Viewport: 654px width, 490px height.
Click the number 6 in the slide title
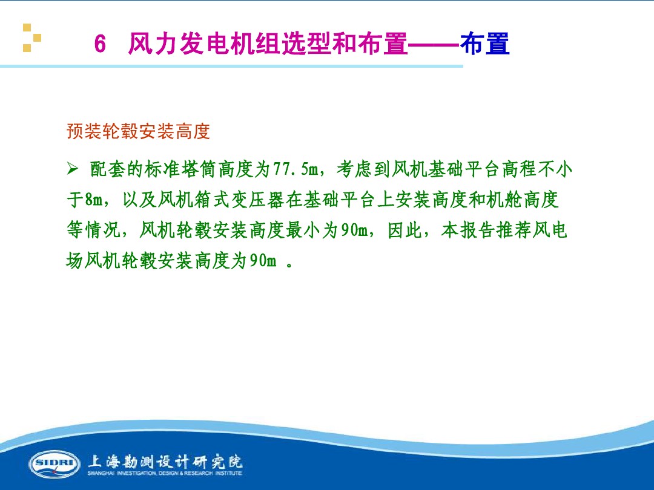click(101, 45)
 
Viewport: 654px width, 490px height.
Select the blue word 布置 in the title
click(484, 45)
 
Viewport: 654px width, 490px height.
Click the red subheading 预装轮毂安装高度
click(138, 131)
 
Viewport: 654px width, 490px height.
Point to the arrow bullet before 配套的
click(73, 169)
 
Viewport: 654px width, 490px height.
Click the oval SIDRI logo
click(54, 464)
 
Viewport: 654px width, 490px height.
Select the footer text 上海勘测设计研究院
click(165, 461)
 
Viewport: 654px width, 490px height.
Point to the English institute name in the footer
click(165, 474)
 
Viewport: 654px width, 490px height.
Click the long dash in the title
click(435, 45)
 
